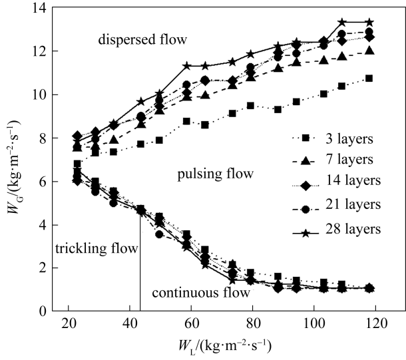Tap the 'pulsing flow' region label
[216, 175]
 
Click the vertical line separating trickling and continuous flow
[140, 266]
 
